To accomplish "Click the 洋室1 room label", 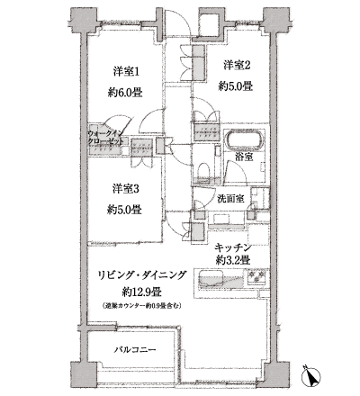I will tap(126, 70).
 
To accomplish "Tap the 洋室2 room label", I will tap(235, 64).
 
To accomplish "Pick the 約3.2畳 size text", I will tap(238, 260).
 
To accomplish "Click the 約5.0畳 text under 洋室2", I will tap(235, 86).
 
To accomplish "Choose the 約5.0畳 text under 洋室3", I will tap(125, 211).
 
